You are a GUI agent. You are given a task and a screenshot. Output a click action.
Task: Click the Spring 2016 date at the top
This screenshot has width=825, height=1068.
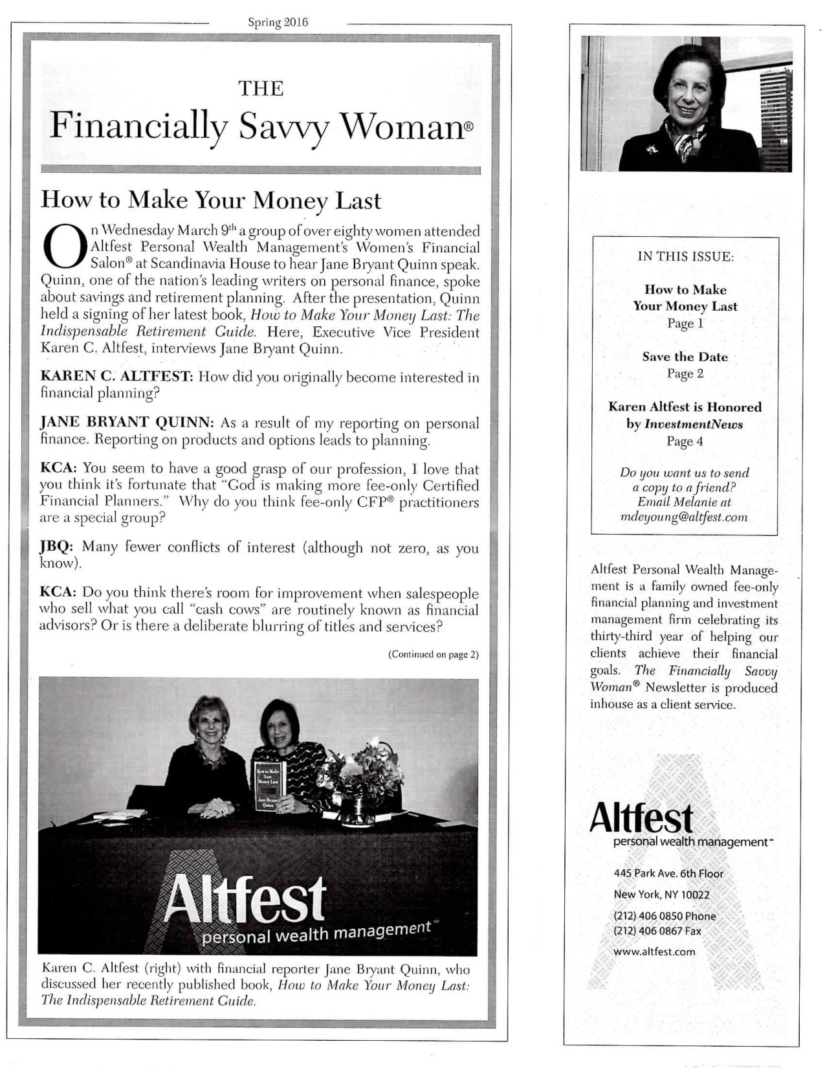278,23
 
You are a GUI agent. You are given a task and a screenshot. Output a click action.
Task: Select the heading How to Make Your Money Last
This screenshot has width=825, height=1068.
211,200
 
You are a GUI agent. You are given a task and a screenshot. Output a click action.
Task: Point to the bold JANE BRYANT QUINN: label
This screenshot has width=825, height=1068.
127,423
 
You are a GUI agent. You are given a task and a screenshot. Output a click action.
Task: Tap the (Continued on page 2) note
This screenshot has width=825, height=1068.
433,654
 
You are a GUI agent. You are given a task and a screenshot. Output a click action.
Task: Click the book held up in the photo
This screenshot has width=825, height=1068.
269,784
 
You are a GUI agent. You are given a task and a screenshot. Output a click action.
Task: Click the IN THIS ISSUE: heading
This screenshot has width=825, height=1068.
685,256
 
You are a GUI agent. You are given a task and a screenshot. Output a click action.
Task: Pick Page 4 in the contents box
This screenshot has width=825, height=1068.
685,441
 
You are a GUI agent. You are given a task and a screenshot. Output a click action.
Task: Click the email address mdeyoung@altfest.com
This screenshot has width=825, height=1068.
684,517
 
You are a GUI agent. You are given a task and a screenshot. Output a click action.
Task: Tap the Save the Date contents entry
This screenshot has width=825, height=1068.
685,357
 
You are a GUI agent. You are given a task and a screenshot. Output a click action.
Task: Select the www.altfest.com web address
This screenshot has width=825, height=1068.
654,951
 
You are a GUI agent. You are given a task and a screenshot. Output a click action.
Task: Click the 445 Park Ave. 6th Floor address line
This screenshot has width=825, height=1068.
668,873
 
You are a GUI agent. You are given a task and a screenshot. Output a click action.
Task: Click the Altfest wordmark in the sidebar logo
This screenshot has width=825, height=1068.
641,818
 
